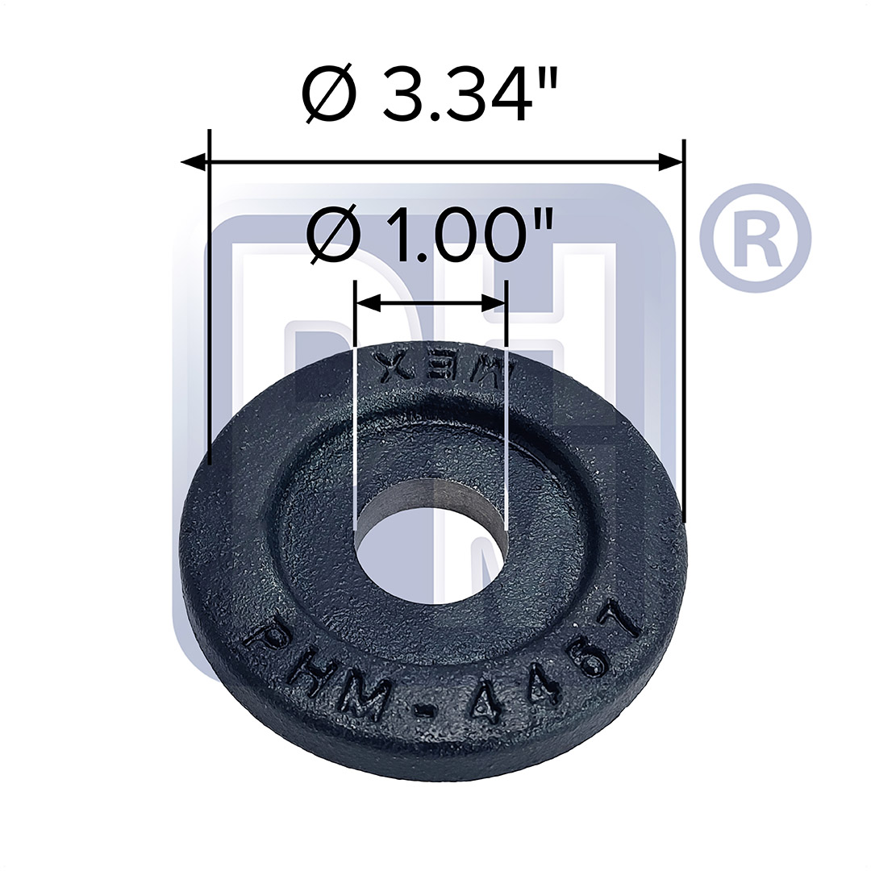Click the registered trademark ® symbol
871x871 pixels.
(754, 237)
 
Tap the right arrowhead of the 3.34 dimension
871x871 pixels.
(671, 163)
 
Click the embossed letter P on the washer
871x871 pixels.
(260, 640)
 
